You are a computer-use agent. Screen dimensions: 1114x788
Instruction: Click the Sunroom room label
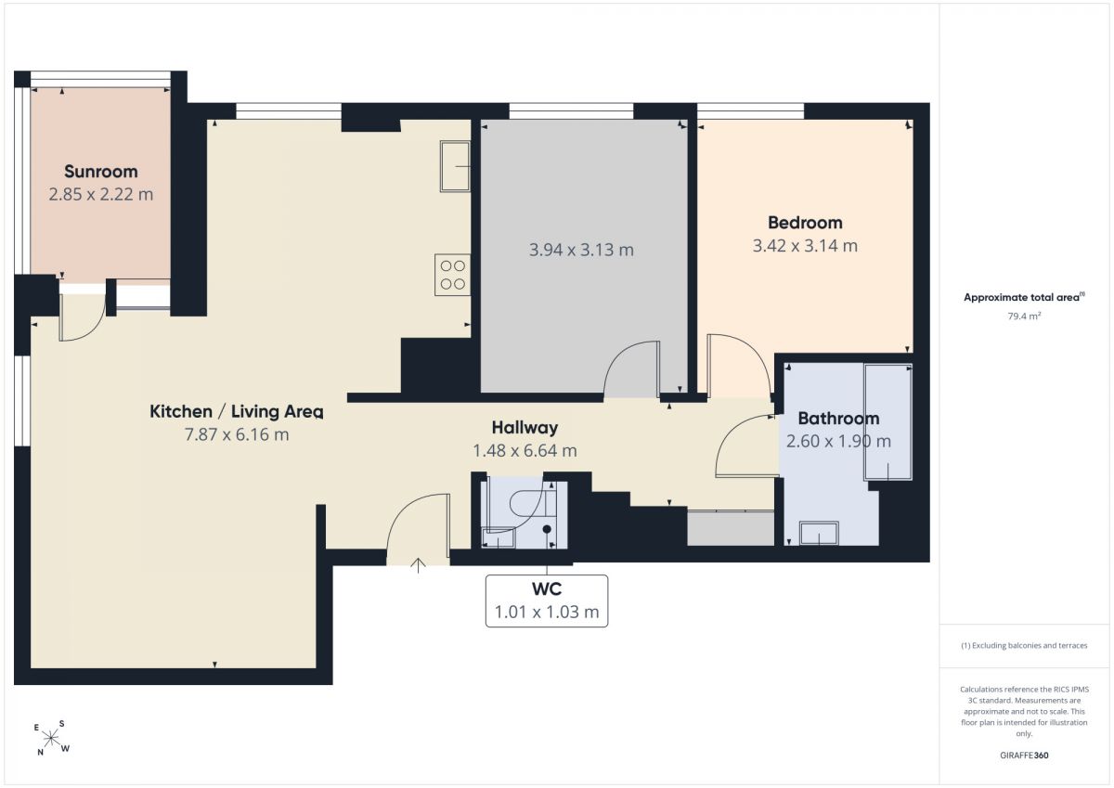click(101, 172)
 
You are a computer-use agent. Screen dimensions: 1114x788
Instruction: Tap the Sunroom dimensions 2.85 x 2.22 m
click(101, 194)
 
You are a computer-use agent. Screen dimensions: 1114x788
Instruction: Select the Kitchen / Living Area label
click(236, 412)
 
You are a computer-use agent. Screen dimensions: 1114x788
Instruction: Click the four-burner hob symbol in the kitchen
click(453, 275)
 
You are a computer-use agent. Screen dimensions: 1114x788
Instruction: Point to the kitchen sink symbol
click(455, 166)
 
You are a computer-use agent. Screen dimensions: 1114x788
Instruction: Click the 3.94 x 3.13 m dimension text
click(581, 250)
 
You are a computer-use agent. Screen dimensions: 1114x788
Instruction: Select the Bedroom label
click(805, 223)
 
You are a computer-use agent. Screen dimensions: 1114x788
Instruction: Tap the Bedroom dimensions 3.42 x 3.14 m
click(805, 246)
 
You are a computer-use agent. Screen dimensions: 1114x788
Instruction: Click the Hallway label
click(525, 428)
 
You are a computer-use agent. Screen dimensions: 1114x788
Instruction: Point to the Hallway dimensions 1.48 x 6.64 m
click(525, 450)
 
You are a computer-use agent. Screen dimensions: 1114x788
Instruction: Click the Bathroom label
click(838, 419)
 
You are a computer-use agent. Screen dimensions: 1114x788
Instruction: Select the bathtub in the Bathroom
click(887, 422)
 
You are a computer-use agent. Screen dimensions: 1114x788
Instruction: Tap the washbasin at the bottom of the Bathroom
click(819, 533)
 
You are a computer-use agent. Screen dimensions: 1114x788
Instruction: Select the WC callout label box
click(547, 601)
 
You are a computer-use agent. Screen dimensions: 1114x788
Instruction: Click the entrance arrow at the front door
click(419, 565)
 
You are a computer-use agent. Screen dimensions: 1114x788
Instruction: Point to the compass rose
click(52, 738)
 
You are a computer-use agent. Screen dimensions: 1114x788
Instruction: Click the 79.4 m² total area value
click(1024, 316)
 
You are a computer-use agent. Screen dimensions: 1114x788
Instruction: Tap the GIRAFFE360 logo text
click(1024, 756)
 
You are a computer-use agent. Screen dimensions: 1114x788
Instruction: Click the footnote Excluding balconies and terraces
click(1024, 645)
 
